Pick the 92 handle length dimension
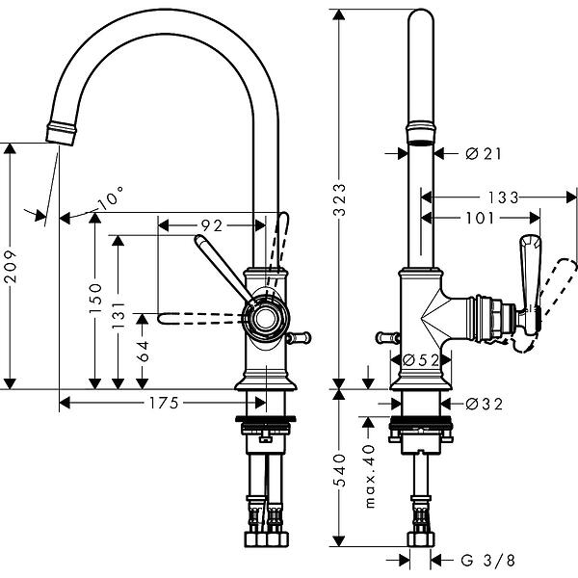click(211, 225)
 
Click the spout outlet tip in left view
click(61, 132)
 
